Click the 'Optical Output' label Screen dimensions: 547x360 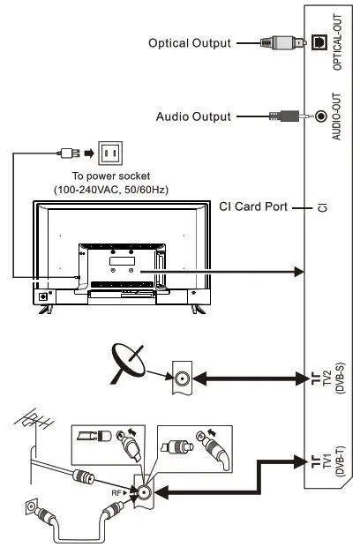(x=190, y=42)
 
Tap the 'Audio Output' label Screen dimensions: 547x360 (x=193, y=116)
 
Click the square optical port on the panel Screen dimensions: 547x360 (x=320, y=41)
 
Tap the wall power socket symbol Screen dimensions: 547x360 (x=110, y=154)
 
